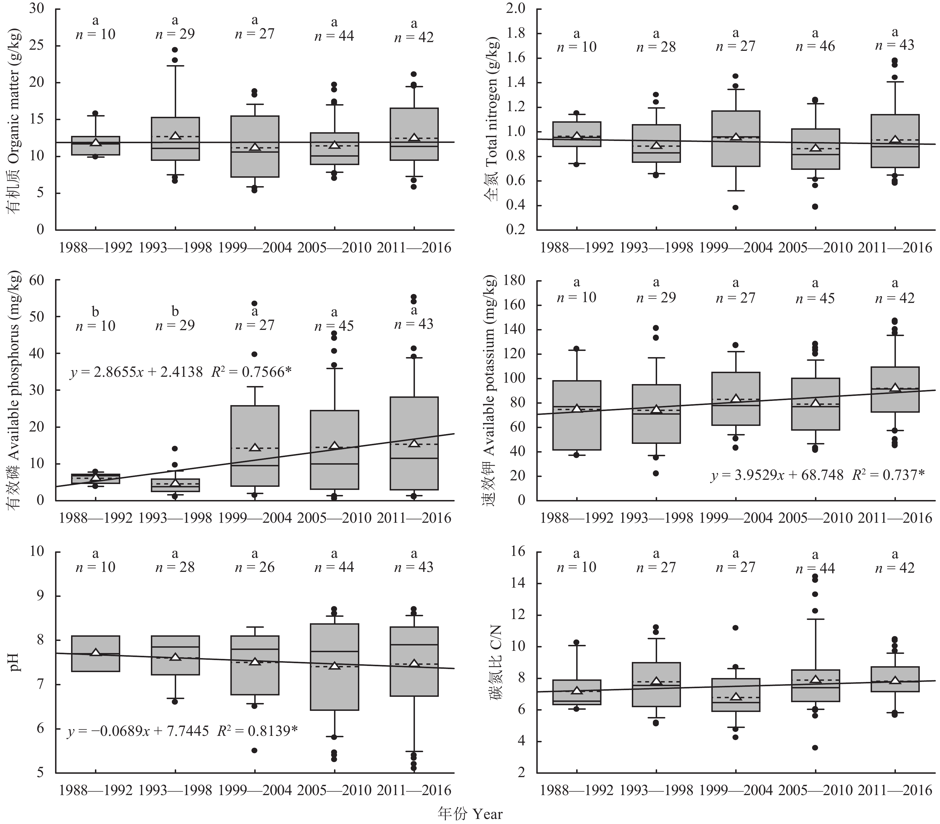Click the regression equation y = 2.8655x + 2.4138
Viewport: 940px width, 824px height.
(136, 372)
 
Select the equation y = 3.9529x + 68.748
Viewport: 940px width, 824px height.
(777, 475)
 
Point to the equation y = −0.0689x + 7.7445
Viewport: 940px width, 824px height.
(138, 731)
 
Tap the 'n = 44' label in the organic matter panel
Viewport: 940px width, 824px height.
(334, 36)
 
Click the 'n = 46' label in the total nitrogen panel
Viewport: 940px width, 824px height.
(815, 46)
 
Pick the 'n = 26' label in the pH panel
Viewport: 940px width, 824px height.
(255, 567)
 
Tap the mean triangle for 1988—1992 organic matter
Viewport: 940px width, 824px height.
(95, 142)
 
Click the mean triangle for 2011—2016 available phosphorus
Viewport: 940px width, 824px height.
(414, 443)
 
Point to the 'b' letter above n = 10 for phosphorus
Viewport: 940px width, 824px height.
(95, 312)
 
